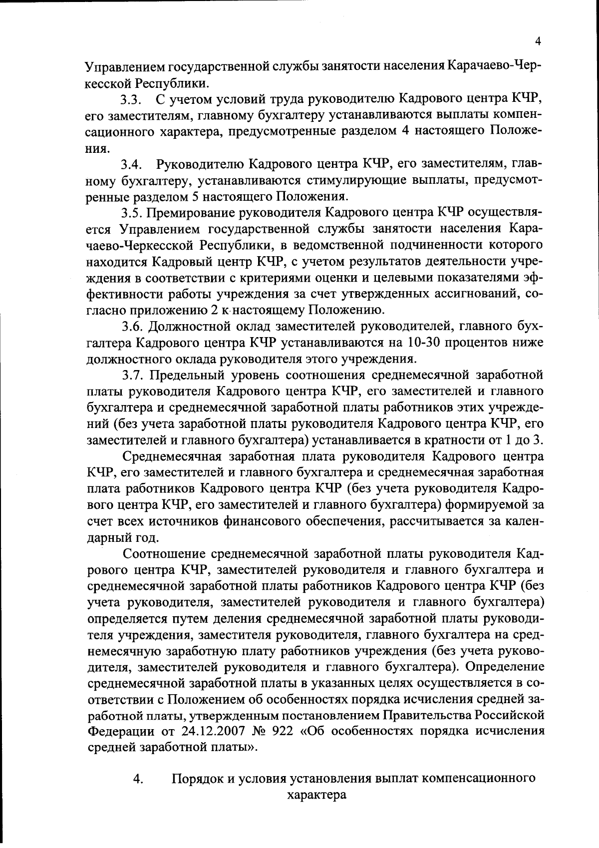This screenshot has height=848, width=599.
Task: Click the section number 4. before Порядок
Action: point(138,780)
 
